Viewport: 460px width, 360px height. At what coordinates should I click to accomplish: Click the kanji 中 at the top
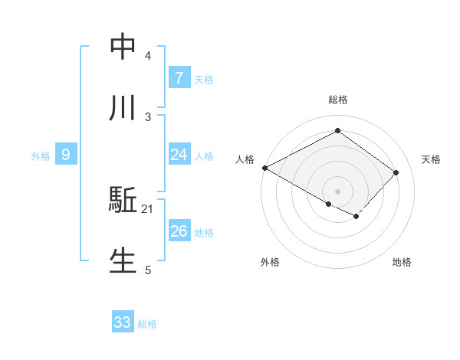(123, 47)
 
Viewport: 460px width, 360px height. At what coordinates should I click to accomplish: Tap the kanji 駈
(123, 201)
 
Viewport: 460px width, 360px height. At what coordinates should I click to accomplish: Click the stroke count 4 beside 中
(148, 56)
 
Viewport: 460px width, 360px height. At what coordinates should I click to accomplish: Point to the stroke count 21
(148, 209)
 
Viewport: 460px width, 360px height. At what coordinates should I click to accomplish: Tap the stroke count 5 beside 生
(148, 270)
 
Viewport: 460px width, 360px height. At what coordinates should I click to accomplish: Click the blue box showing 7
(179, 78)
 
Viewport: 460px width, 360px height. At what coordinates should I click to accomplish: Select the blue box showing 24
(179, 155)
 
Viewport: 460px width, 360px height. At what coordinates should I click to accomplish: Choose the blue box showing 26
(179, 231)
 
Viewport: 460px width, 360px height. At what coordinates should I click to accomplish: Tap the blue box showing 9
(66, 155)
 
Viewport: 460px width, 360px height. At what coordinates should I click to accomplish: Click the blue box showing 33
(123, 322)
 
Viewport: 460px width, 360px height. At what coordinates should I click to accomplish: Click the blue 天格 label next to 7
(204, 80)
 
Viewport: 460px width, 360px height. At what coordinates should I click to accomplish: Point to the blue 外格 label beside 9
(41, 156)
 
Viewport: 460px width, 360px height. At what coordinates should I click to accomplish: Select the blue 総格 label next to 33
(147, 324)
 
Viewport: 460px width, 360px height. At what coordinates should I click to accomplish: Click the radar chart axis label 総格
(337, 100)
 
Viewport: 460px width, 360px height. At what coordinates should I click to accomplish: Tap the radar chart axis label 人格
(245, 159)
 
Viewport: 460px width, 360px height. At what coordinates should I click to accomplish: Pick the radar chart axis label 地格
(402, 262)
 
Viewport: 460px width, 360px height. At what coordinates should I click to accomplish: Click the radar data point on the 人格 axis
(264, 168)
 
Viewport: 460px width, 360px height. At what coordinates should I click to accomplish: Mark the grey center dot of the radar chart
(337, 191)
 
